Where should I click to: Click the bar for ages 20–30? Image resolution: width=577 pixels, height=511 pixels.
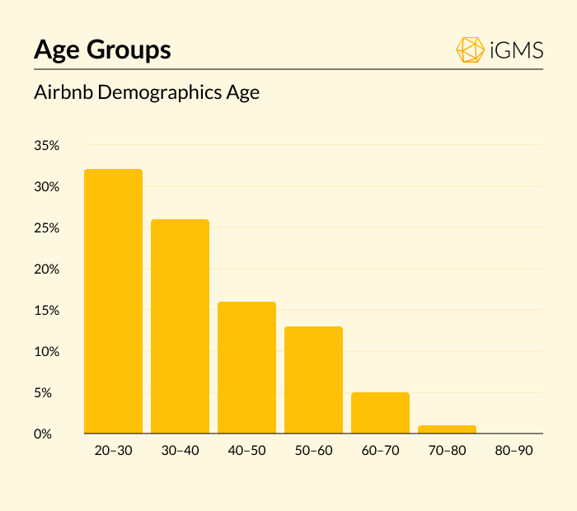point(113,301)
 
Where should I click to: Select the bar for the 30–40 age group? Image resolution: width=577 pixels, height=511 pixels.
point(180,326)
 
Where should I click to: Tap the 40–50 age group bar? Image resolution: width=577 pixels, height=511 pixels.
point(246,368)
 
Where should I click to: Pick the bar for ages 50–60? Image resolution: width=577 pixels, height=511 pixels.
point(313,380)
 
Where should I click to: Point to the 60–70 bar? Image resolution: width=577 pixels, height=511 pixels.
point(380,413)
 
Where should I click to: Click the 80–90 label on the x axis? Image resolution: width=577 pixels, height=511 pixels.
point(514,451)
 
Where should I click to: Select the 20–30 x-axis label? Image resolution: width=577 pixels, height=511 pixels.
point(113,451)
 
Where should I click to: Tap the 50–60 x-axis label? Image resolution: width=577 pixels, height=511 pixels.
point(313,451)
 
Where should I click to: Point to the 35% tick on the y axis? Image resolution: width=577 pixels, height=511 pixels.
point(47,146)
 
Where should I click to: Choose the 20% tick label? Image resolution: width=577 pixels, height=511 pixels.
point(47,270)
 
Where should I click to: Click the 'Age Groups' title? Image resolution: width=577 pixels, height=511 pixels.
point(102,49)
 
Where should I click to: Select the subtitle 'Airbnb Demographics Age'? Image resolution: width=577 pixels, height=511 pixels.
point(147,92)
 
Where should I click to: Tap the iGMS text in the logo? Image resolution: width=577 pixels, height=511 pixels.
point(516,50)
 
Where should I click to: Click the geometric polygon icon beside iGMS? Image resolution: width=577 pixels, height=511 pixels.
point(470,49)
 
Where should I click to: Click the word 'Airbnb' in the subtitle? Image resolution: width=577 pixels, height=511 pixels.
point(63,92)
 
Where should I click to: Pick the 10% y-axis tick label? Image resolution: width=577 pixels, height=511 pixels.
point(47,352)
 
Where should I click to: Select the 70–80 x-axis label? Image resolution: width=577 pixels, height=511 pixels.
point(447,451)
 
